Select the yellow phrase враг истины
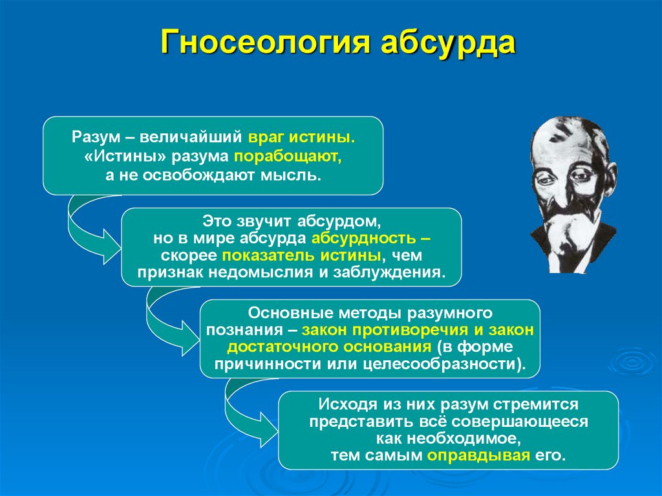point(301,138)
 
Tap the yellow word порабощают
point(286,156)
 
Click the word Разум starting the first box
point(91,138)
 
